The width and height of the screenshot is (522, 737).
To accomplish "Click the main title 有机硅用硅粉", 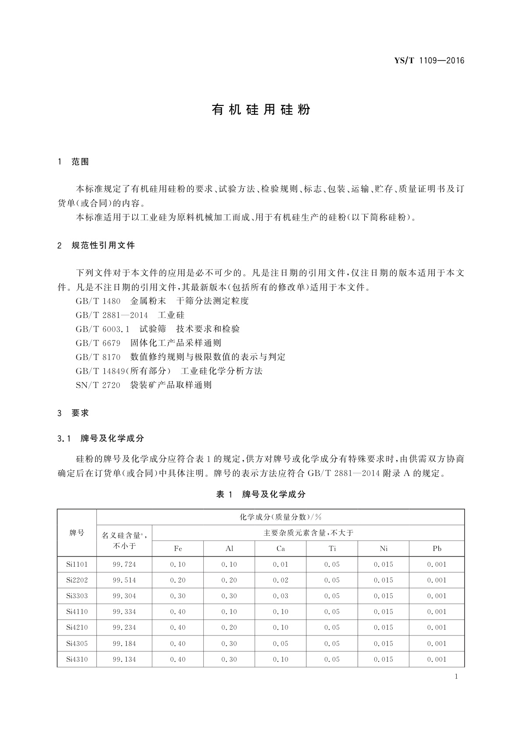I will tap(261, 109).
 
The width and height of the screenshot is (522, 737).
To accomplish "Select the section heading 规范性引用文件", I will tap(103, 246).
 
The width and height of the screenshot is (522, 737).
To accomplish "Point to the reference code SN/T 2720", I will tap(98, 385).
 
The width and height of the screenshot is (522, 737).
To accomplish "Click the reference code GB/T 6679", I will tap(98, 343).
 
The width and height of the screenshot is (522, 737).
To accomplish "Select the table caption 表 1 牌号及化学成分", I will tap(261, 495).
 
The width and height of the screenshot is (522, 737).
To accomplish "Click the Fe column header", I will tap(178, 549).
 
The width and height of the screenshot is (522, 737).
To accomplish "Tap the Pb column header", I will tap(437, 549).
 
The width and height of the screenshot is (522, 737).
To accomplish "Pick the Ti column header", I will tap(332, 549).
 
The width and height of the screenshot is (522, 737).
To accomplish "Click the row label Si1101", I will tap(77, 565).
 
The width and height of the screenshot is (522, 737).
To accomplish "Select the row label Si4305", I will tap(77, 644).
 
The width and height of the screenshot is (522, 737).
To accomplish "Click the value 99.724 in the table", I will tap(124, 565).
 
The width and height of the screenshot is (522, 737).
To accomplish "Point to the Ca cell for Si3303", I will tap(281, 596).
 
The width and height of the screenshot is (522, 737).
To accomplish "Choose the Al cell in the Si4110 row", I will tap(229, 612).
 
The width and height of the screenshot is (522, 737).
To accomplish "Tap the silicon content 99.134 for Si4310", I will tap(124, 660).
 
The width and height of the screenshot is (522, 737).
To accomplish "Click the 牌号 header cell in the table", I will tap(77, 533).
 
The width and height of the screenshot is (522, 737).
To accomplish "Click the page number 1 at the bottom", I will tap(456, 677).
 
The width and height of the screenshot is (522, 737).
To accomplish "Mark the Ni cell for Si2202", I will tap(384, 580).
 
